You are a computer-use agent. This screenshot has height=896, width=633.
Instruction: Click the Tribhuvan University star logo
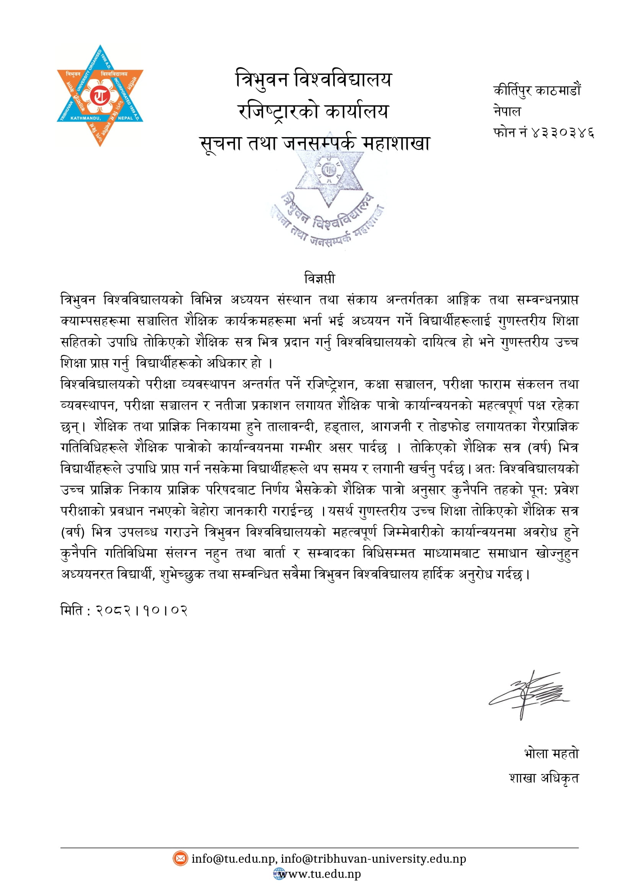(x=100, y=96)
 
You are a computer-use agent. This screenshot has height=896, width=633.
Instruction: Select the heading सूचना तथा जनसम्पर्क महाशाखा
(x=315, y=143)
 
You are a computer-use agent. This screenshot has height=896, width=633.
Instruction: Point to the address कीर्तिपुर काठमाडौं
(x=537, y=90)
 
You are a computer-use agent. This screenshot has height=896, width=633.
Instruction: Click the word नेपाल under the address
(x=507, y=111)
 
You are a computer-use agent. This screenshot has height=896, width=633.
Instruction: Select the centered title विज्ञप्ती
(x=319, y=278)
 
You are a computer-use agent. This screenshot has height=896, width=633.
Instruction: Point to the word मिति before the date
(x=72, y=610)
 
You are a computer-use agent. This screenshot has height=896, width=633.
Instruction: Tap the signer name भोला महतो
(x=551, y=753)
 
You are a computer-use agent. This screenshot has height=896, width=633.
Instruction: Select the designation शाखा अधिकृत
(x=544, y=778)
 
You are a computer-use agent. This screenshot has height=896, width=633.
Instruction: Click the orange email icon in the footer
(x=180, y=858)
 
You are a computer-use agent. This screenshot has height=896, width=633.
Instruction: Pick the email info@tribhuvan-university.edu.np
(x=374, y=859)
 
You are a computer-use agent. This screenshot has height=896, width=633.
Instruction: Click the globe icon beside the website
(x=279, y=874)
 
